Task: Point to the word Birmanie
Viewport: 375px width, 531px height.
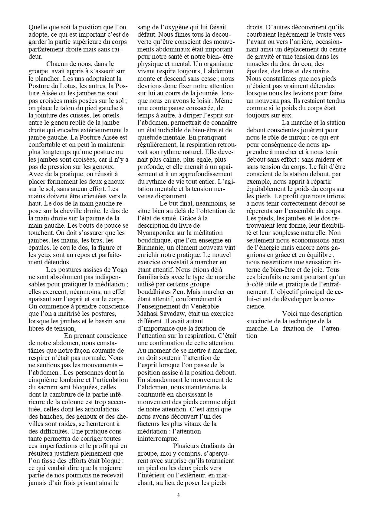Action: tap(150, 248)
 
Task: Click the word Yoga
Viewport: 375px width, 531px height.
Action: tap(119, 270)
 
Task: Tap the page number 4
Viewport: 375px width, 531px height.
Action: tap(178, 495)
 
